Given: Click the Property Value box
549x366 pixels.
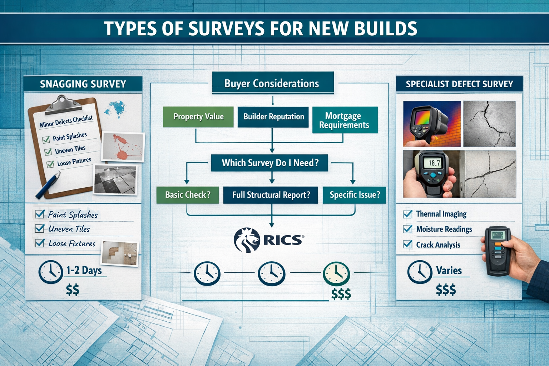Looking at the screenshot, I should coord(198,117).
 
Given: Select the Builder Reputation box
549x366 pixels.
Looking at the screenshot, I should coord(273,117).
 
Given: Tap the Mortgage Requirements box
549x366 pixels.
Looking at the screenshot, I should coord(345,120).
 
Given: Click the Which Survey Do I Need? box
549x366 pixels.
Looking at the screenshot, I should coord(269,163).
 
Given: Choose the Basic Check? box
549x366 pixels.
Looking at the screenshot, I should coord(188,195).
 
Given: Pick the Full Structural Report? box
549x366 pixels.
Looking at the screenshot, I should coord(271,195).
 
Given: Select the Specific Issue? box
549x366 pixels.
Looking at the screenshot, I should coord(354,195).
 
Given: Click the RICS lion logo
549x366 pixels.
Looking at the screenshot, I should coord(247,240).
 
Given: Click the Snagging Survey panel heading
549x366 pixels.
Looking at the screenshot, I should coord(83,84).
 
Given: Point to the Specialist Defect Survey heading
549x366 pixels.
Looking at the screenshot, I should coord(459,84).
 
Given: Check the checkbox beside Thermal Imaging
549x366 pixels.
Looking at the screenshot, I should coord(407,214).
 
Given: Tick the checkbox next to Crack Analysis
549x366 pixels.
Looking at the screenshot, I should coord(407,244).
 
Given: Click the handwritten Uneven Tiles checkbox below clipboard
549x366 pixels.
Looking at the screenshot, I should coord(40,229).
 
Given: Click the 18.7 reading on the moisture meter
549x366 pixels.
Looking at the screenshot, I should coord(434,163).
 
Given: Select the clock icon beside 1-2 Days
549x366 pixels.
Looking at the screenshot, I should coord(51,272).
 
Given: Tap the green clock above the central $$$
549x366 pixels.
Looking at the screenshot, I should coord(336,274).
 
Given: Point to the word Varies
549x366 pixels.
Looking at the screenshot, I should coord(449,271).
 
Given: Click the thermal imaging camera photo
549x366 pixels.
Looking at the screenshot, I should coord(432,124).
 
